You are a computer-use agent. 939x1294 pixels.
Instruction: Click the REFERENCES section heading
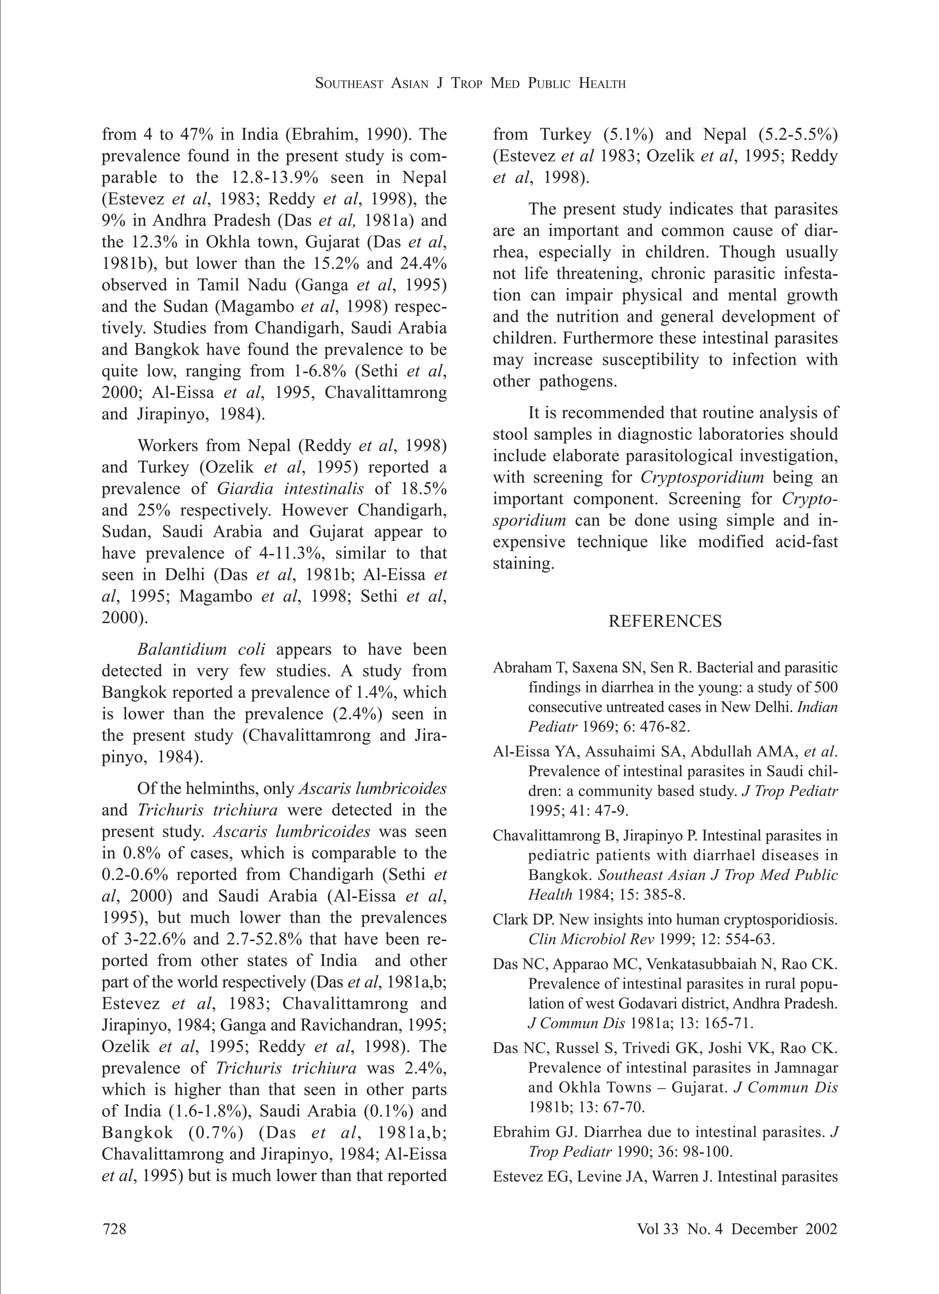pos(665,621)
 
